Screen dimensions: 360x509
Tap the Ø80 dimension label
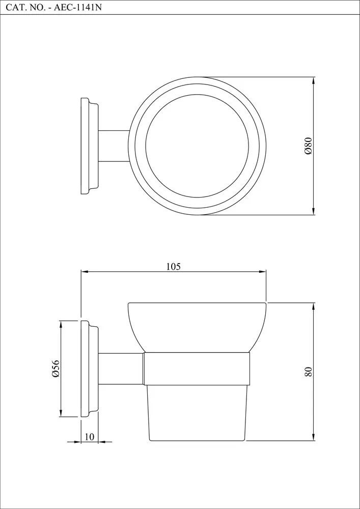(x=308, y=146)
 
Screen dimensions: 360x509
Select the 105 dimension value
(x=173, y=267)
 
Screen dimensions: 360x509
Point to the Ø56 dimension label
(x=56, y=369)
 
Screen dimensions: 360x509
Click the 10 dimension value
(x=89, y=437)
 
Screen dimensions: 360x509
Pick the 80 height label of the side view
(x=308, y=372)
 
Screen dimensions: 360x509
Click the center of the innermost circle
(x=197, y=146)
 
